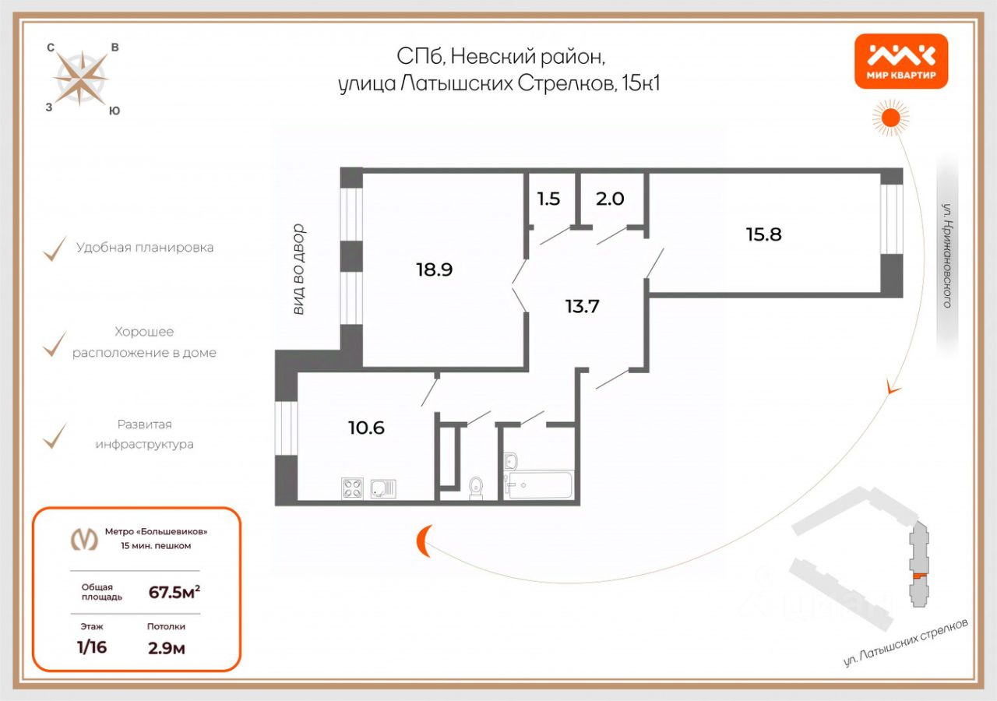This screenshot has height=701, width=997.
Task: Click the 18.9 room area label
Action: tap(435, 269)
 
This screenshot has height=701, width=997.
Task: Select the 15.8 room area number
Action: tap(763, 234)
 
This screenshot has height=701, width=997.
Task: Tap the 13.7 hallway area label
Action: tap(582, 305)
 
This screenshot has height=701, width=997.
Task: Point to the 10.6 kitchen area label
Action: tap(367, 427)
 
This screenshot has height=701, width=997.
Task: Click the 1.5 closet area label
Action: tap(548, 199)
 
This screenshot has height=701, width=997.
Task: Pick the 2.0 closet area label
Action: tap(610, 199)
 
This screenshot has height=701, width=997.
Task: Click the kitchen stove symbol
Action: tap(353, 488)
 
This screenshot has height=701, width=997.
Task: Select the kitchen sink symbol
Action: tap(383, 488)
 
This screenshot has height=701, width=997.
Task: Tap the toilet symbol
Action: tap(476, 488)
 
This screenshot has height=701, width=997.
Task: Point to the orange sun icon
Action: tap(890, 118)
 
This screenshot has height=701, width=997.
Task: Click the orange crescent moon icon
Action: tap(425, 541)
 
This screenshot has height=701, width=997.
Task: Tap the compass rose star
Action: tap(81, 78)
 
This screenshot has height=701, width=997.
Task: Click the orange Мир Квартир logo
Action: tap(901, 62)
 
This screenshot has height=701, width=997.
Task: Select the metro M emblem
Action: tap(84, 538)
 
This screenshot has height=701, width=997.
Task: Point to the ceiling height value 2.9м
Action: tap(166, 648)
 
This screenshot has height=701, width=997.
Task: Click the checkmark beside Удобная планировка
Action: tap(54, 248)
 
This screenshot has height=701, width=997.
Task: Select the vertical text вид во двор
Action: tap(298, 269)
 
